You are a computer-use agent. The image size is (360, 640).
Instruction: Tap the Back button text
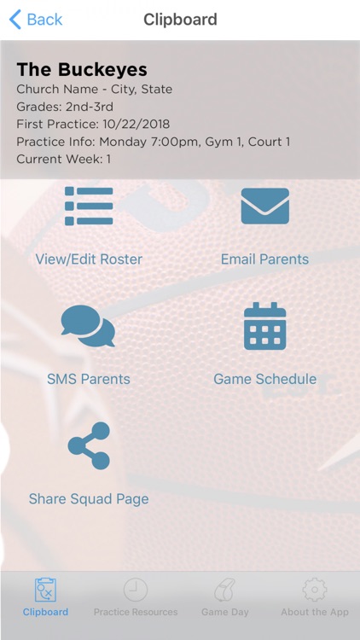44,19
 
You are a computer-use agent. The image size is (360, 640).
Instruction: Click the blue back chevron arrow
15,19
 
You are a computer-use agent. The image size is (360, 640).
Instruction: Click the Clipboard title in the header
180,19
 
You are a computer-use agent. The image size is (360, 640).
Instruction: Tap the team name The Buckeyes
82,70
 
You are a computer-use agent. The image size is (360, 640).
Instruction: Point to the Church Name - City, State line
94,89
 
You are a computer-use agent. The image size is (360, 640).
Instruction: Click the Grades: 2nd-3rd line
65,107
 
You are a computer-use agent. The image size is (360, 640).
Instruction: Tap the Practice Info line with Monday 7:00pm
154,142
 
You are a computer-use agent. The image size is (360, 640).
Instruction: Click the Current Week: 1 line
64,159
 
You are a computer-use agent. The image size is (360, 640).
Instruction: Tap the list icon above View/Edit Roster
89,206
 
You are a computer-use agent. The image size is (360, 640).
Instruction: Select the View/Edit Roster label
89,259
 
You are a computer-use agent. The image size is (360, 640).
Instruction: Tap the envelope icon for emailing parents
264,206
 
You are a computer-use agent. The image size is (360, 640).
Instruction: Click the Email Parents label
264,259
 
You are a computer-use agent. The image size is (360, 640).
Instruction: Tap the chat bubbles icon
89,326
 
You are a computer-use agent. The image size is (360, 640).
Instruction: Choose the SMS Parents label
89,379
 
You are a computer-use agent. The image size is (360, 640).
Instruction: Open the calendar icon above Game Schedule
264,326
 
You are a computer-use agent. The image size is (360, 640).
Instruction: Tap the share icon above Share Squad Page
89,445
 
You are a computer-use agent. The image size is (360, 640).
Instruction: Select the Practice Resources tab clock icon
135,590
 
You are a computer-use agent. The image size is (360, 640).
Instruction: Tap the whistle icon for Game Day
225,590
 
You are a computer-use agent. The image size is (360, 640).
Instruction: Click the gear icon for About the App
315,590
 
